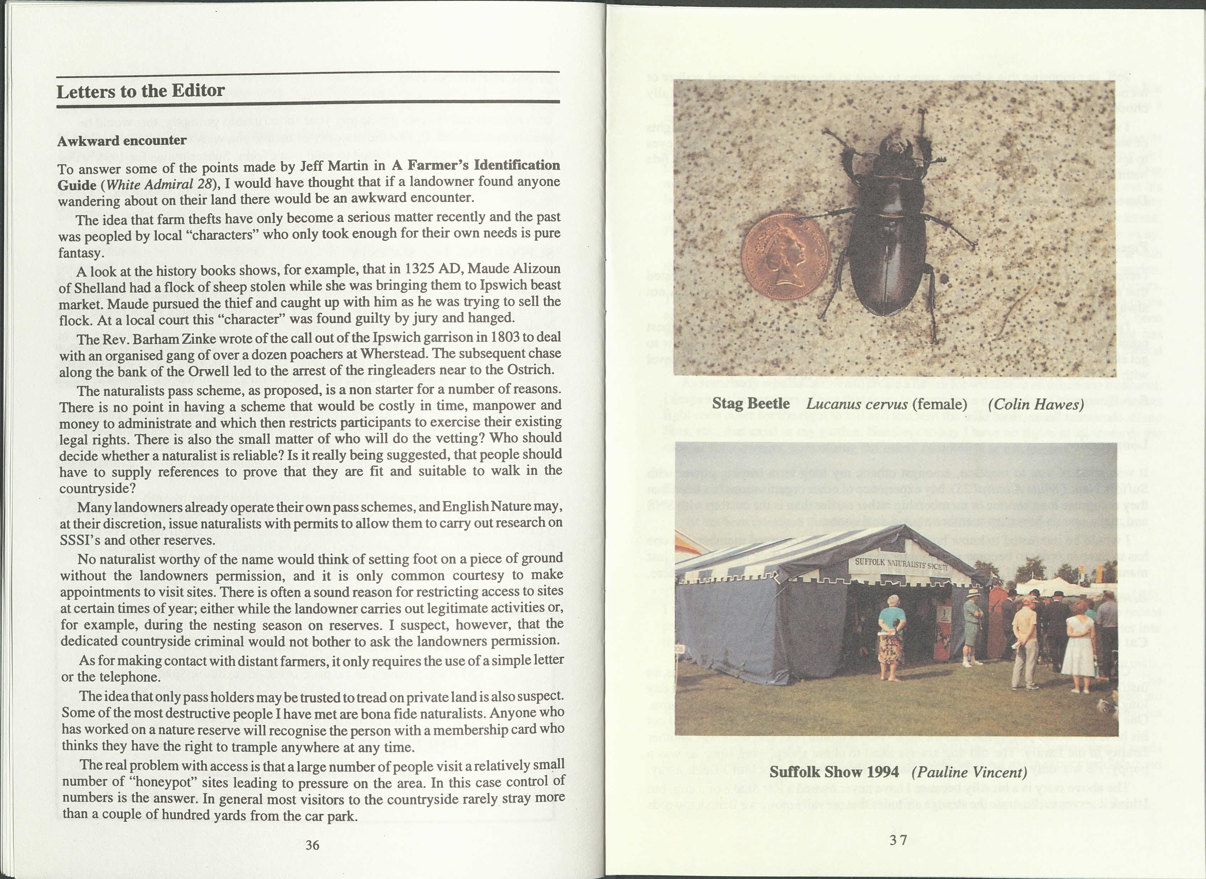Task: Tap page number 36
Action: point(312,845)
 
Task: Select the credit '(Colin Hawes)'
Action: point(1035,404)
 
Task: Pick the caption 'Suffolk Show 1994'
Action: point(834,772)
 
